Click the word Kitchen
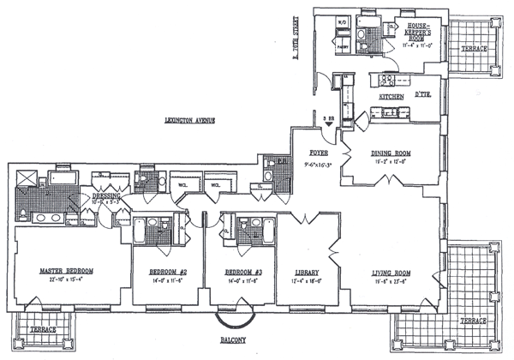click(391, 98)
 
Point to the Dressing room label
click(107, 196)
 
